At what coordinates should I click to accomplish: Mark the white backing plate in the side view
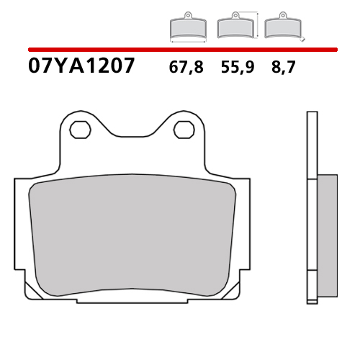coord(312,216)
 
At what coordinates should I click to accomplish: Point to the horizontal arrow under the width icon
coord(187,40)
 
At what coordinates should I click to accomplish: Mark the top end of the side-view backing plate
coord(312,114)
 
